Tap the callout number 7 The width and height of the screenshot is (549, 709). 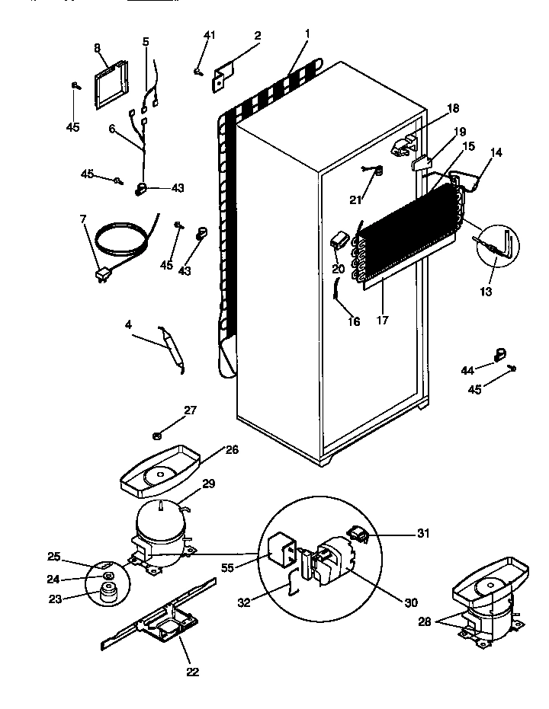pos(83,220)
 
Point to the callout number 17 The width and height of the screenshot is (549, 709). pos(382,321)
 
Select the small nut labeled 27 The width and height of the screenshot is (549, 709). pos(156,435)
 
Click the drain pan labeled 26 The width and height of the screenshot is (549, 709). pos(160,473)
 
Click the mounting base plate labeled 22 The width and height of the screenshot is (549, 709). pos(160,621)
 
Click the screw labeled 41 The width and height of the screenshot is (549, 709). pos(198,72)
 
